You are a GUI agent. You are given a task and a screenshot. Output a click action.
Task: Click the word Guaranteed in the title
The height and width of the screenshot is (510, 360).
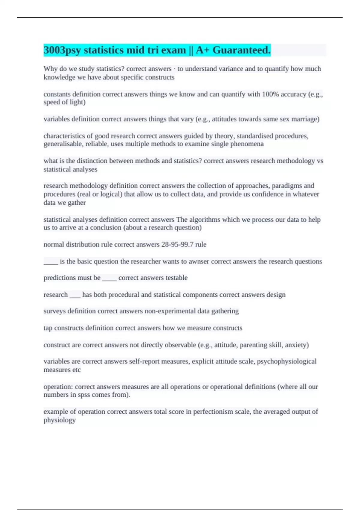click(x=241, y=50)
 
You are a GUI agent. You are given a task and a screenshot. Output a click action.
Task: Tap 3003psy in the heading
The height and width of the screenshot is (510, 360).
click(x=62, y=50)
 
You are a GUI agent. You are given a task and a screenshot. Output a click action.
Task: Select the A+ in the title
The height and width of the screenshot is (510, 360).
click(x=203, y=50)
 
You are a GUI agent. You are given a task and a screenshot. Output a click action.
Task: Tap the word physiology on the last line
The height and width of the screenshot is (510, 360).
click(x=59, y=420)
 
